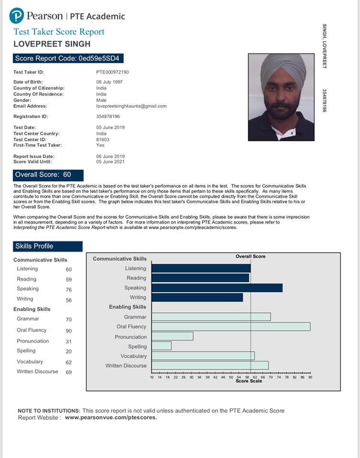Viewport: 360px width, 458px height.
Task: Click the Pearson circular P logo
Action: [x=16, y=16]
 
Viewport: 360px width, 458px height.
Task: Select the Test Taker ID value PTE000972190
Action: [x=113, y=72]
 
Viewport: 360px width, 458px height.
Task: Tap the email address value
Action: [x=131, y=106]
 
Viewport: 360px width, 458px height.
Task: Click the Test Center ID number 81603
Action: [x=103, y=139]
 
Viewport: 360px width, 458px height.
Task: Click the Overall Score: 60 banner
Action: [x=48, y=175]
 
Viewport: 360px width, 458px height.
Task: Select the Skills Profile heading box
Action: [x=48, y=246]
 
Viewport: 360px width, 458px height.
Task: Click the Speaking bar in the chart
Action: [x=217, y=288]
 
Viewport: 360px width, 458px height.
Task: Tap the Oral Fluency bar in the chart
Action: [x=231, y=327]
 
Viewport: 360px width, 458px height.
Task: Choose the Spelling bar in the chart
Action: [x=161, y=346]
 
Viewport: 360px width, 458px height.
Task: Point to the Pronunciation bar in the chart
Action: [x=172, y=336]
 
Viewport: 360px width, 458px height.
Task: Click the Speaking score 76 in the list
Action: [x=69, y=290]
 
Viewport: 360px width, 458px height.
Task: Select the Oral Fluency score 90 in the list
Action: [x=69, y=331]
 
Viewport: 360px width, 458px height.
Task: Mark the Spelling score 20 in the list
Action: [x=69, y=352]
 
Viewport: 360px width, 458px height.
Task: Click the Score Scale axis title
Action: [x=249, y=381]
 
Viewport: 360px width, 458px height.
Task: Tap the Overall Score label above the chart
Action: [x=251, y=257]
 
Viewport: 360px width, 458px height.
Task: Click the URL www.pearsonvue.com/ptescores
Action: [x=111, y=417]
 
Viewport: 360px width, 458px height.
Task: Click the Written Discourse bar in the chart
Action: [x=210, y=365]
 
